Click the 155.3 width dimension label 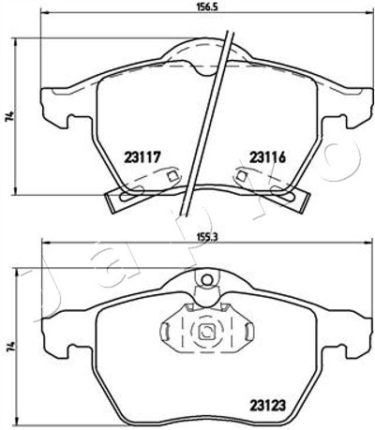(207, 237)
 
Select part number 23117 (142, 157)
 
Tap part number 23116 (267, 157)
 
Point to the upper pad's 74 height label (10, 116)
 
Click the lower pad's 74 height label (10, 347)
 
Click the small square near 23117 (172, 177)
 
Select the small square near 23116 (241, 176)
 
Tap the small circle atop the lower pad (206, 279)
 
